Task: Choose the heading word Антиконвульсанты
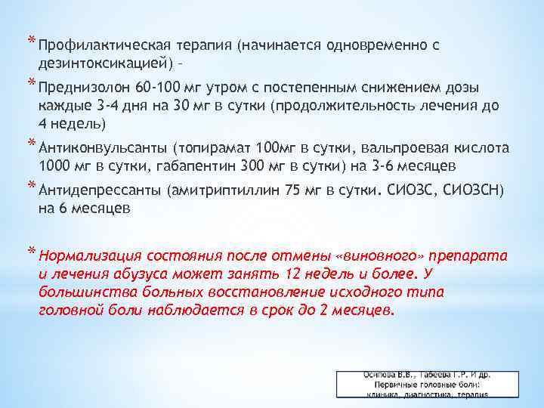[x=102, y=147]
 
